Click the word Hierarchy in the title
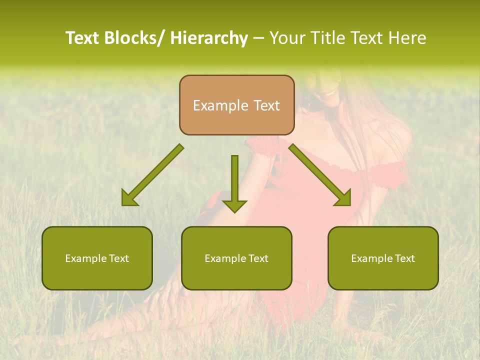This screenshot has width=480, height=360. tap(209, 38)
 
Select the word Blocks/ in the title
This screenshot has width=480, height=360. tap(134, 38)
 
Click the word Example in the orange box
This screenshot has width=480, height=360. tap(220, 105)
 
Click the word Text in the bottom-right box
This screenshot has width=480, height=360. tap(404, 258)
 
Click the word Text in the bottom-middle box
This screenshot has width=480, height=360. tap(258, 258)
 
